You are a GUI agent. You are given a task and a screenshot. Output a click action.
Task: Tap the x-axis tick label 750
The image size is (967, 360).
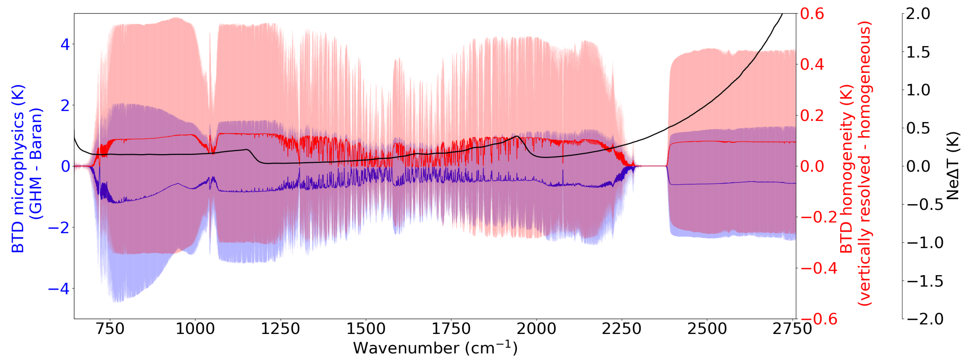tap(110, 329)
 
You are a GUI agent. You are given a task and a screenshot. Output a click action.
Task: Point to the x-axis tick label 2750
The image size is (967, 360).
tap(792, 329)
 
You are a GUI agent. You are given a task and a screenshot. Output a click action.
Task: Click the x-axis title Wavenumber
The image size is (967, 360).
tap(435, 348)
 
